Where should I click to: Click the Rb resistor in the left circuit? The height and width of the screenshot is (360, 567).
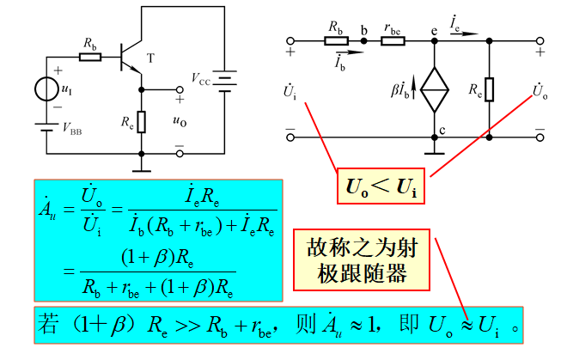pyautogui.click(x=89, y=57)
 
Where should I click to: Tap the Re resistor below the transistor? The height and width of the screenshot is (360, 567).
pyautogui.click(x=142, y=121)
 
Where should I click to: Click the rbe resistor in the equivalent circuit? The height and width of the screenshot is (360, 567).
pyautogui.click(x=393, y=40)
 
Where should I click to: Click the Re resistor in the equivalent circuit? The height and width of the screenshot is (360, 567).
pyautogui.click(x=489, y=88)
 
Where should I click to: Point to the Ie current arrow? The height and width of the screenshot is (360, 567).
pyautogui.click(x=455, y=27)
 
